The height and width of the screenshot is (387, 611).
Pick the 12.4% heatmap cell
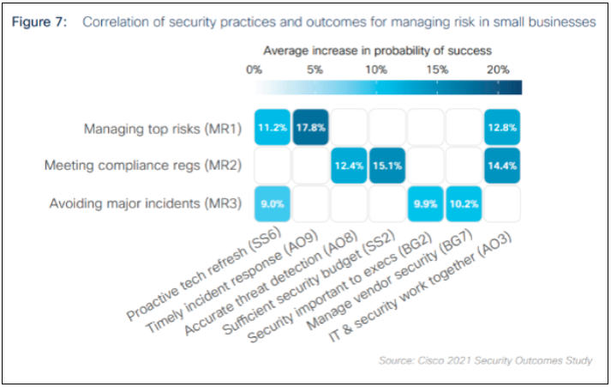[x=350, y=166]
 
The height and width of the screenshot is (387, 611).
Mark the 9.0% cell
[x=273, y=203]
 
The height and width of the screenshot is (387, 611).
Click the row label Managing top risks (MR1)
[x=163, y=129]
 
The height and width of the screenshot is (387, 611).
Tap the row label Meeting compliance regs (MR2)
[x=143, y=166]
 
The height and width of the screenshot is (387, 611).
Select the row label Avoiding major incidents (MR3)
[x=150, y=203]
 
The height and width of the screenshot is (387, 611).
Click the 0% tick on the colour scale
[x=254, y=70]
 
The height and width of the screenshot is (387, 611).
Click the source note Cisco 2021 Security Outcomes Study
[x=485, y=360]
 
